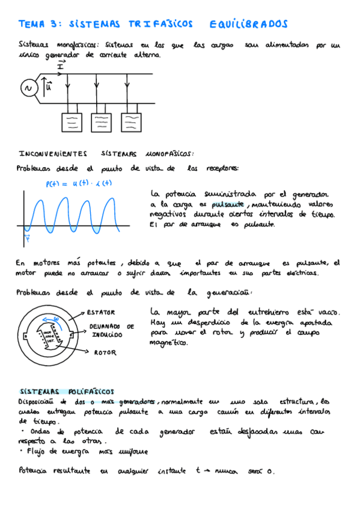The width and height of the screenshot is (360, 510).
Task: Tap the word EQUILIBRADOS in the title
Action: point(249,24)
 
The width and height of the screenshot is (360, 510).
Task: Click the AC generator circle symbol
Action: point(27,88)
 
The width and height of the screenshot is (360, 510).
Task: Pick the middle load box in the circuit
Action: point(102,123)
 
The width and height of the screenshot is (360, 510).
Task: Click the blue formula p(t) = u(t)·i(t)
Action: point(79,183)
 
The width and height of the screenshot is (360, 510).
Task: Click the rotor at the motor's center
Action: point(50,334)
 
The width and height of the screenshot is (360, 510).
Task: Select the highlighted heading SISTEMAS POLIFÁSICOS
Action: point(66,391)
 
